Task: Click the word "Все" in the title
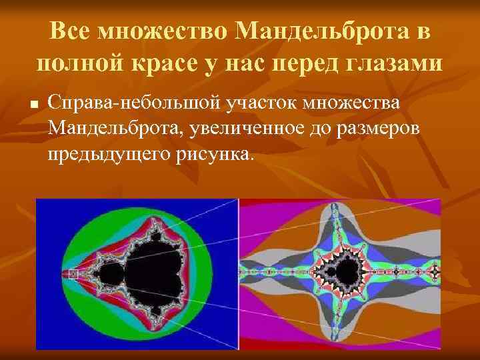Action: (x=70, y=30)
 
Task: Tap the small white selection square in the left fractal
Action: (x=74, y=274)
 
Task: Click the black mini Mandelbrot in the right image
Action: (x=349, y=272)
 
